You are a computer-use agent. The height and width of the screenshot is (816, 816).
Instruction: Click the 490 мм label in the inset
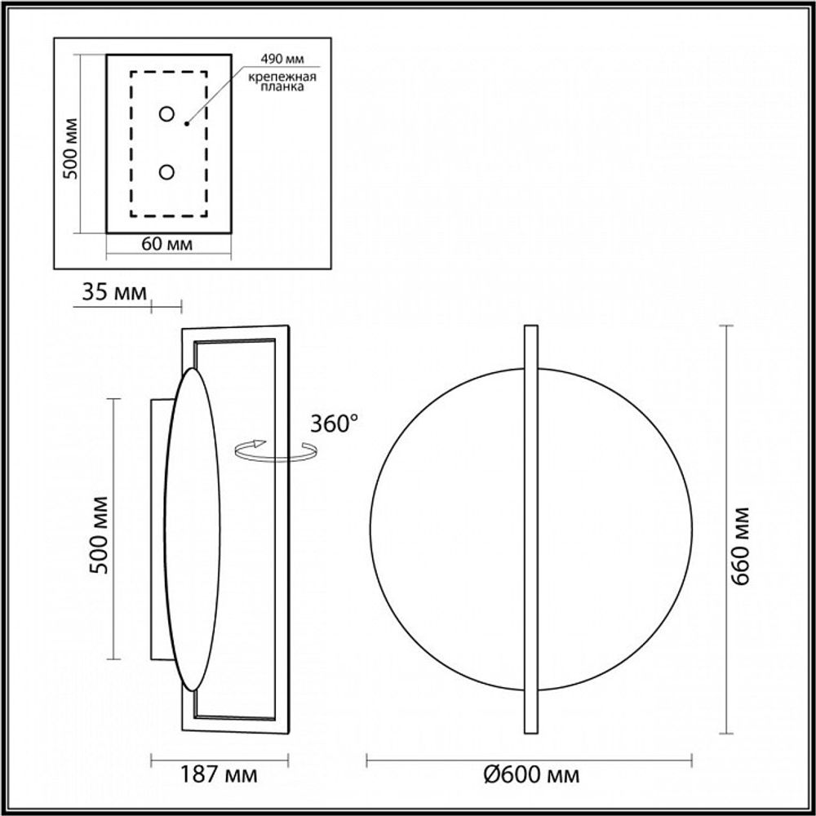click(278, 60)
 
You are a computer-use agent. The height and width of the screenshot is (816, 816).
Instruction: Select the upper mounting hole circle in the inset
click(166, 113)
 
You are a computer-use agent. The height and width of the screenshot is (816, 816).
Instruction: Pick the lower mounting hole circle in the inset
click(166, 171)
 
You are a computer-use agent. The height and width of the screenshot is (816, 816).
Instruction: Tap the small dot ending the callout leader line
click(187, 124)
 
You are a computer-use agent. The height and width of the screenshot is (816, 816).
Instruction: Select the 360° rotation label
click(335, 423)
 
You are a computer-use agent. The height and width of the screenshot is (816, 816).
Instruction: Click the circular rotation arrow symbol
click(275, 450)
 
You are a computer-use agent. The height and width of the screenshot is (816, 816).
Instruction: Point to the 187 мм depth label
click(220, 774)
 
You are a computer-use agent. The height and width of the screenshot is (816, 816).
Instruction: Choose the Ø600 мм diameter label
click(530, 774)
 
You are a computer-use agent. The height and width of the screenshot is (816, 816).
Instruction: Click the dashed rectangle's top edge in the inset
click(168, 72)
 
